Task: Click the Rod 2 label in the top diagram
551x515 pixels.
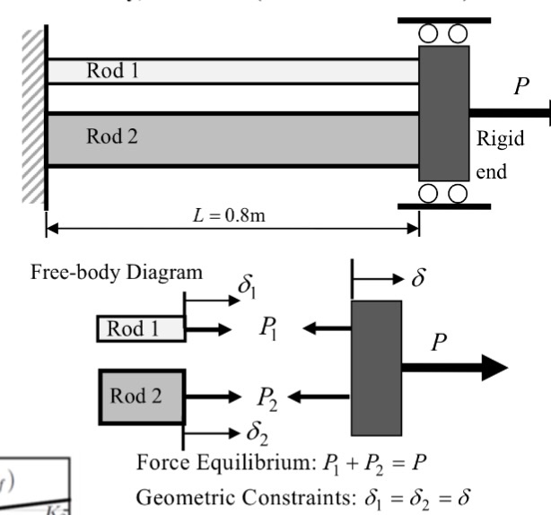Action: click(x=111, y=137)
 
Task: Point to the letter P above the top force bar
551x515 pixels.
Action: click(x=520, y=87)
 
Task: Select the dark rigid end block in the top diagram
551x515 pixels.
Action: click(x=444, y=112)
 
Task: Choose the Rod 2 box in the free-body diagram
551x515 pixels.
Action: click(x=140, y=395)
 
